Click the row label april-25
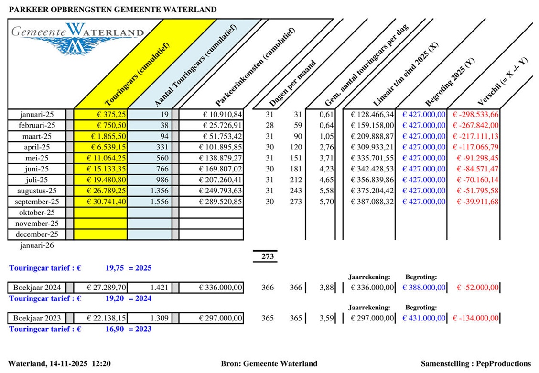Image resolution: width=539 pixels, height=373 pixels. click(x=38, y=147)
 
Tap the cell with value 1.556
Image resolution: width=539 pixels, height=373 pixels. click(x=158, y=202)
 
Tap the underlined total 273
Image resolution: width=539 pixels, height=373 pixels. click(x=267, y=256)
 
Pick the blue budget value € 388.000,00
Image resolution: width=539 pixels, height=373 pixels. click(x=424, y=288)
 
